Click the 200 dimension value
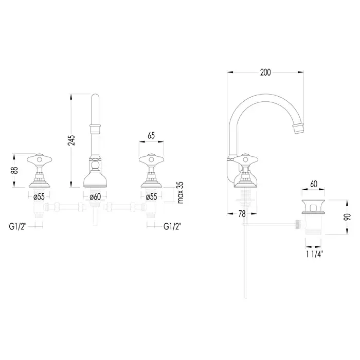coord(265,73)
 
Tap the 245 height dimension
coord(71,140)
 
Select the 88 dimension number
coord(15,170)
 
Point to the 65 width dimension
coord(151,135)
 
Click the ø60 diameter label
coord(95,197)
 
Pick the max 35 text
coord(181,192)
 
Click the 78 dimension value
coord(242,214)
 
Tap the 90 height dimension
coord(347,217)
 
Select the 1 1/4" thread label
coord(315,254)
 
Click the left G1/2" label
coord(18,226)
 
